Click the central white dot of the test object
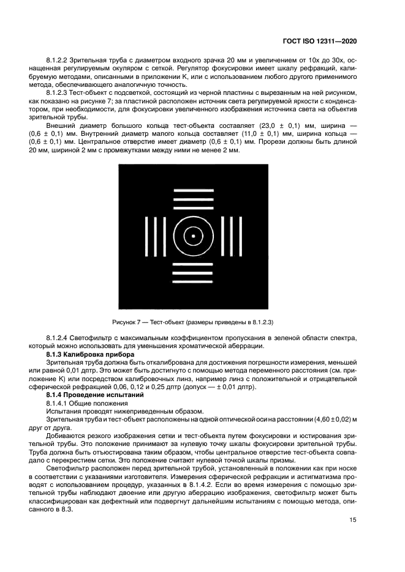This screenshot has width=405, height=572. coord(193,236)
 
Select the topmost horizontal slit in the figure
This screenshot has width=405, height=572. coord(193,191)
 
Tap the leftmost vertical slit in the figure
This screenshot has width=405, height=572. coord(147,236)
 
